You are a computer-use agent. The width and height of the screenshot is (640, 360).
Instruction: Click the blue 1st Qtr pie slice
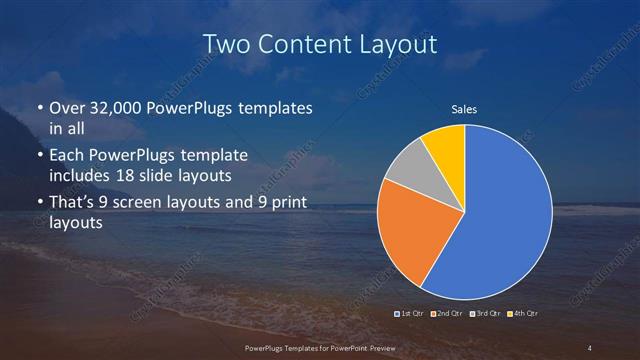point(500,220)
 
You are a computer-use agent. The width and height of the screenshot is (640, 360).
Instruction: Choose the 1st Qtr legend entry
point(410,314)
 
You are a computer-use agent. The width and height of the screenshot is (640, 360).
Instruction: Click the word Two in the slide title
point(224,44)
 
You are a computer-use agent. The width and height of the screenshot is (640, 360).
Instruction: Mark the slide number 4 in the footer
point(591,347)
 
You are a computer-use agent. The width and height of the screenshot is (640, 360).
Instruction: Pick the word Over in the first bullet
point(65,108)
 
